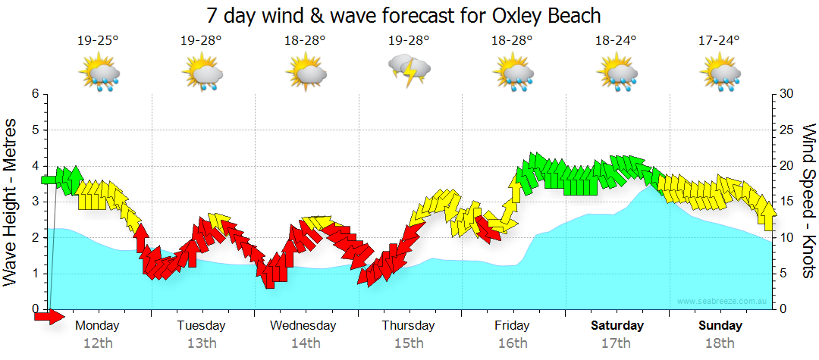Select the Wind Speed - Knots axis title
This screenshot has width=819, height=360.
(x=808, y=201)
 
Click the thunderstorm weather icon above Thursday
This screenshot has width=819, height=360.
(x=409, y=71)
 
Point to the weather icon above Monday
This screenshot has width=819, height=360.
(x=99, y=74)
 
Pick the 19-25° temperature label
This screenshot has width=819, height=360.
(x=99, y=41)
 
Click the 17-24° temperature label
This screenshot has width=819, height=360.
(x=719, y=41)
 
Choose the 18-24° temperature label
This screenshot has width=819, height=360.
(x=615, y=41)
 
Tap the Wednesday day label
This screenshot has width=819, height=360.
(x=303, y=326)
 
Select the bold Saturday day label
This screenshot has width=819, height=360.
(x=617, y=326)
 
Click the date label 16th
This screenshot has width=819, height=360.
(x=513, y=343)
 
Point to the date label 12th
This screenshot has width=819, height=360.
(x=99, y=343)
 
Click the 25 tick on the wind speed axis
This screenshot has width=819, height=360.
(x=788, y=130)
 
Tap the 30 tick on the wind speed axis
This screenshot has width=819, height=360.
(x=788, y=94)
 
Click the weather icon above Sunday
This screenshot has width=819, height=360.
(x=719, y=74)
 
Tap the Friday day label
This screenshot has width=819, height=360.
(x=513, y=326)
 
